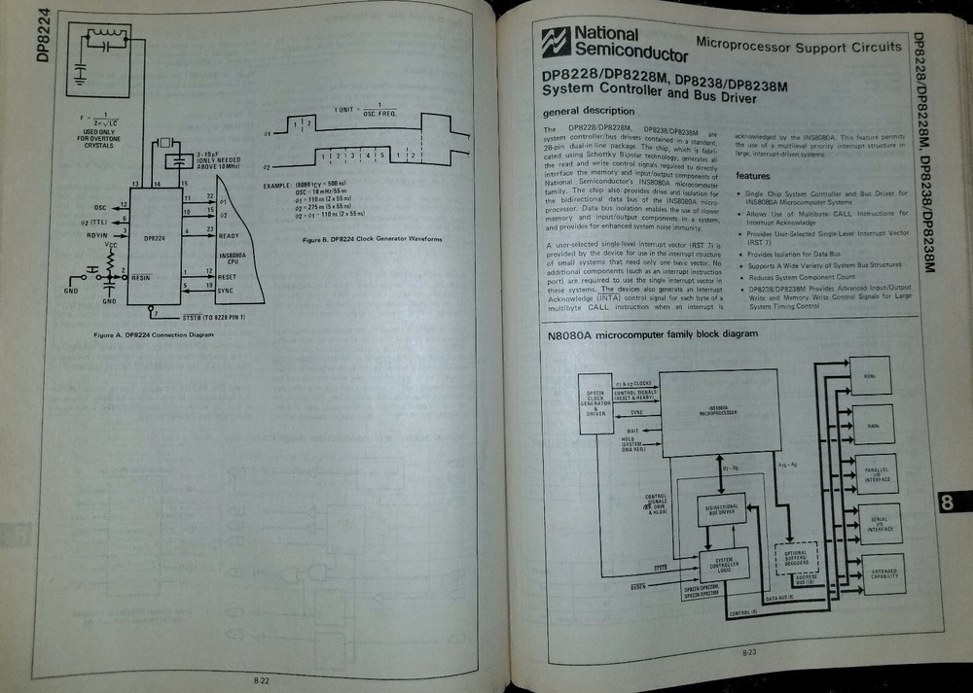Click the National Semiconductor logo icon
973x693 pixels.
point(556,42)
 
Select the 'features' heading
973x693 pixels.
point(753,176)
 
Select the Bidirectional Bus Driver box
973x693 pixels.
point(721,509)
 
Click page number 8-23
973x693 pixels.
point(749,652)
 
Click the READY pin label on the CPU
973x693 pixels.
point(230,233)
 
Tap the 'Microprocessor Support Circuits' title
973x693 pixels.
point(798,46)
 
